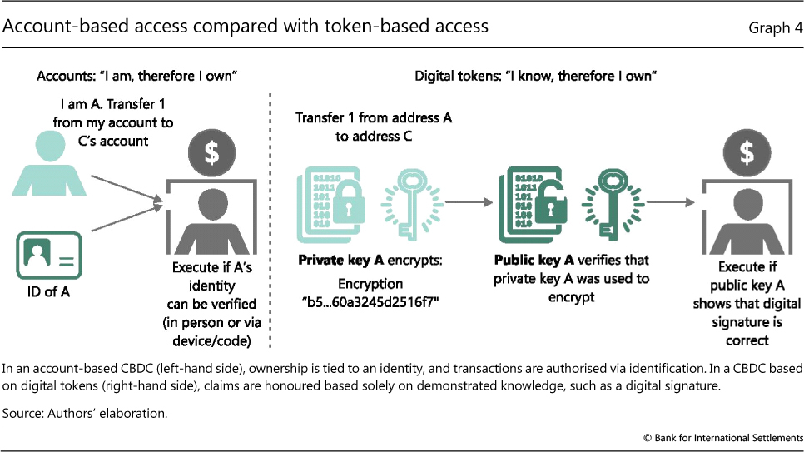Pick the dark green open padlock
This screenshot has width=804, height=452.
546,199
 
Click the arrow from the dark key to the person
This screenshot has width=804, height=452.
672,201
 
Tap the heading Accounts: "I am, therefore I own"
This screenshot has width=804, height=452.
138,77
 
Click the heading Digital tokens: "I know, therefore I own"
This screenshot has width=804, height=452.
537,77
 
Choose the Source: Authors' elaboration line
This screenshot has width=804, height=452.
85,412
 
